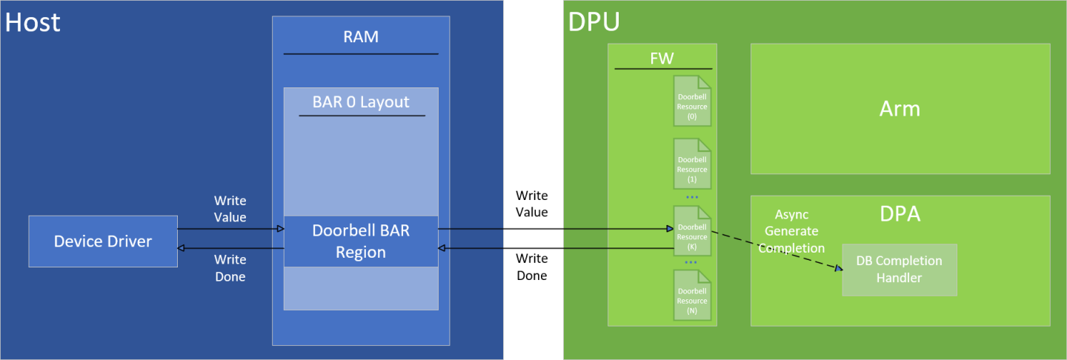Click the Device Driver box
103,241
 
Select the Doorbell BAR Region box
361,241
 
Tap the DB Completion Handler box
899,270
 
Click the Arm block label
900,109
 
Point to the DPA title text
900,214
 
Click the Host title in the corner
33,22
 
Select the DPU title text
594,22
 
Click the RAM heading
361,37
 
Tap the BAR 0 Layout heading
361,101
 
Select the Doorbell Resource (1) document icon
692,164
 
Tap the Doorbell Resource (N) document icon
692,296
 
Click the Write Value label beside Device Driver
230,209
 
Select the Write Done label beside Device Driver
230,268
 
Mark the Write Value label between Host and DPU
531,204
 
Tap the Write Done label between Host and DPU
531,267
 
